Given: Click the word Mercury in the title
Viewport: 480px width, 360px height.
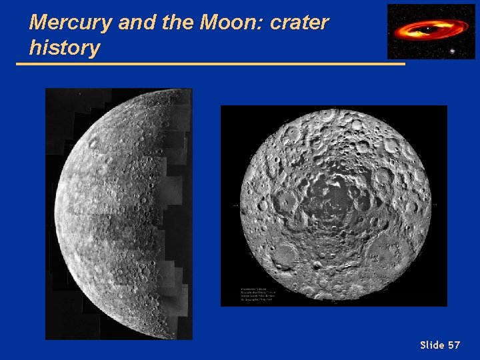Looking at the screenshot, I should click(x=70, y=23).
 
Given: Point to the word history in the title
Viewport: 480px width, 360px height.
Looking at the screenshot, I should click(x=65, y=48).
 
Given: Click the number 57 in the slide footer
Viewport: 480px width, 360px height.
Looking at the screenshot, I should click(x=454, y=345).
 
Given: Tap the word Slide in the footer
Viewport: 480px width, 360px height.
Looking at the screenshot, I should click(x=432, y=345).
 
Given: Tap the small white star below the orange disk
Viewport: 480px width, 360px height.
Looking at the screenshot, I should click(x=453, y=51).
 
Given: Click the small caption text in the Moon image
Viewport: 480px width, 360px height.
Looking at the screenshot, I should click(x=259, y=293).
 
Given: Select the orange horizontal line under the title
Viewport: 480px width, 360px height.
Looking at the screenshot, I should click(x=210, y=64).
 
